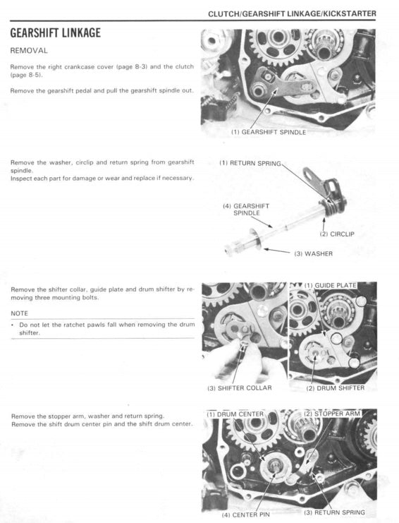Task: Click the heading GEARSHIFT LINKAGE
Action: coord(55,33)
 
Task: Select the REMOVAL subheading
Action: coord(29,51)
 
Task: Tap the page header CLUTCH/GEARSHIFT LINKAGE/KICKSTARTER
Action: coord(292,13)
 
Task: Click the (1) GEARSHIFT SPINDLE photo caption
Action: coord(269,132)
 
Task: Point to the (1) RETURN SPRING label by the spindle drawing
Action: coord(250,163)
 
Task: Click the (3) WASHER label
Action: coord(313,253)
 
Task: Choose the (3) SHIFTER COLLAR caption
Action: coord(239,387)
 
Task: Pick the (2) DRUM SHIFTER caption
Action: coord(335,387)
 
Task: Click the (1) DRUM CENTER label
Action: coord(235,414)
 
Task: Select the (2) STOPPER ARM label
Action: coord(336,414)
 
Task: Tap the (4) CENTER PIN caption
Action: coord(247,515)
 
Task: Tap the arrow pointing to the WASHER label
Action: coord(280,251)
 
